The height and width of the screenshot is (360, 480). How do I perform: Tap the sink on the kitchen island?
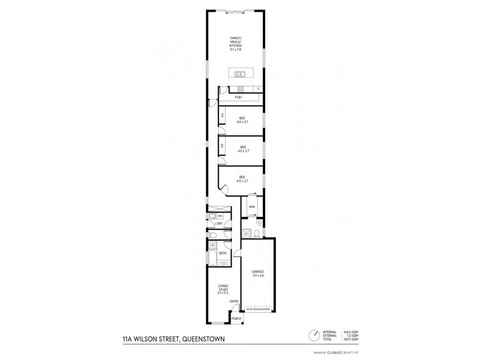click(x=240, y=74)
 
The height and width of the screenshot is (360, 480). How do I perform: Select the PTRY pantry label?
click(x=238, y=97)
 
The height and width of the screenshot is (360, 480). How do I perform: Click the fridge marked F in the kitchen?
click(x=259, y=89)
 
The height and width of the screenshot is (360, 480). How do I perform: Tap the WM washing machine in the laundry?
click(x=220, y=215)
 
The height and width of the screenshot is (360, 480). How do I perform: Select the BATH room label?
click(x=223, y=253)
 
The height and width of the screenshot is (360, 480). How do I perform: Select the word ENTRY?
click(x=234, y=301)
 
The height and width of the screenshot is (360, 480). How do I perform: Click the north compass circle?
click(x=313, y=335)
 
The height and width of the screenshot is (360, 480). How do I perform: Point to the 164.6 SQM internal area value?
click(x=350, y=332)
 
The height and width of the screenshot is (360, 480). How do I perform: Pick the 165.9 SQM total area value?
click(x=350, y=340)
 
